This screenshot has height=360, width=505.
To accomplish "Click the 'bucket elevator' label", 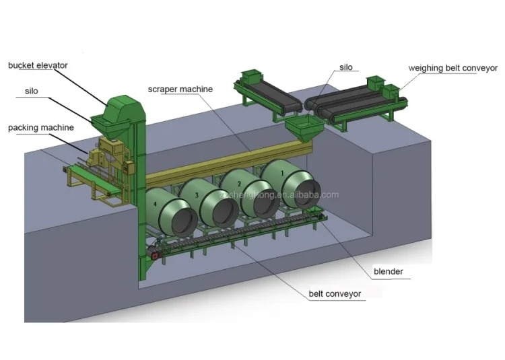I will click(x=38, y=65).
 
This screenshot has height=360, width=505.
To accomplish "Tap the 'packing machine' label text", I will click(x=41, y=127).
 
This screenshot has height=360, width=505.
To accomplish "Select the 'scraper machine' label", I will click(x=180, y=89).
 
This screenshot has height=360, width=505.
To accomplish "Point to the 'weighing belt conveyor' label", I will click(x=453, y=68).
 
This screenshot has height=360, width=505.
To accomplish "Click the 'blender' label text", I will click(x=389, y=272).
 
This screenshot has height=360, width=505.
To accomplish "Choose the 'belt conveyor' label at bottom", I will click(x=336, y=294).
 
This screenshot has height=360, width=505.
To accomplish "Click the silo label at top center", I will click(x=345, y=67).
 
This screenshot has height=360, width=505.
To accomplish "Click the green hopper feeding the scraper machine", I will click(x=301, y=127).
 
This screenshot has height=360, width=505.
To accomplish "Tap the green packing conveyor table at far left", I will click(x=84, y=176).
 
